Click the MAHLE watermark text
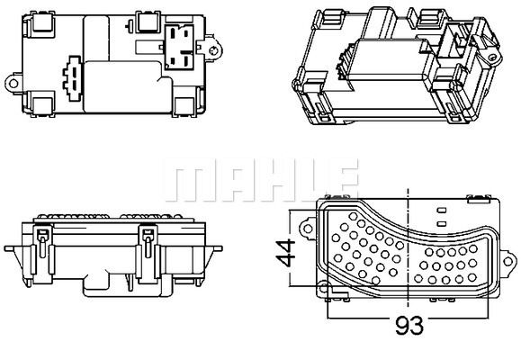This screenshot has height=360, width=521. click(x=260, y=180)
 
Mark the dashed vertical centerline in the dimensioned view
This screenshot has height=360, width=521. click(x=409, y=252)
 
